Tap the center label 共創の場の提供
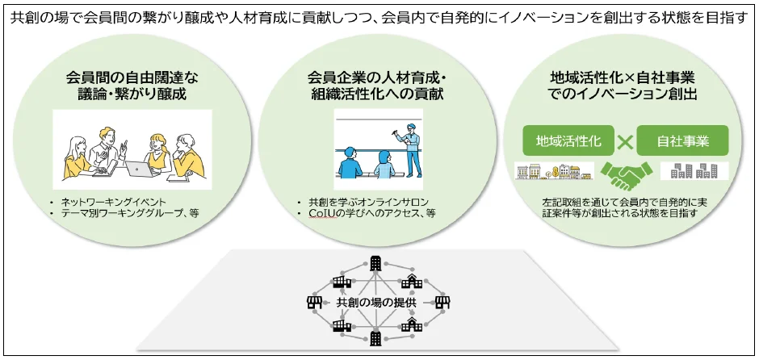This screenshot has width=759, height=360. point(375,302)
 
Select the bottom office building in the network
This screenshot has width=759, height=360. point(375,339)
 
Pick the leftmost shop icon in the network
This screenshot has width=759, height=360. point(312,302)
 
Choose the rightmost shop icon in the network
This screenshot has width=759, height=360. point(440,302)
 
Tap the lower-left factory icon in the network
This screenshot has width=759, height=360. point(340,324)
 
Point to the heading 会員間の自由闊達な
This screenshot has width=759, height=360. point(132,78)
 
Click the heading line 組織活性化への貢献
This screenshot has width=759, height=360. point(376,94)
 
